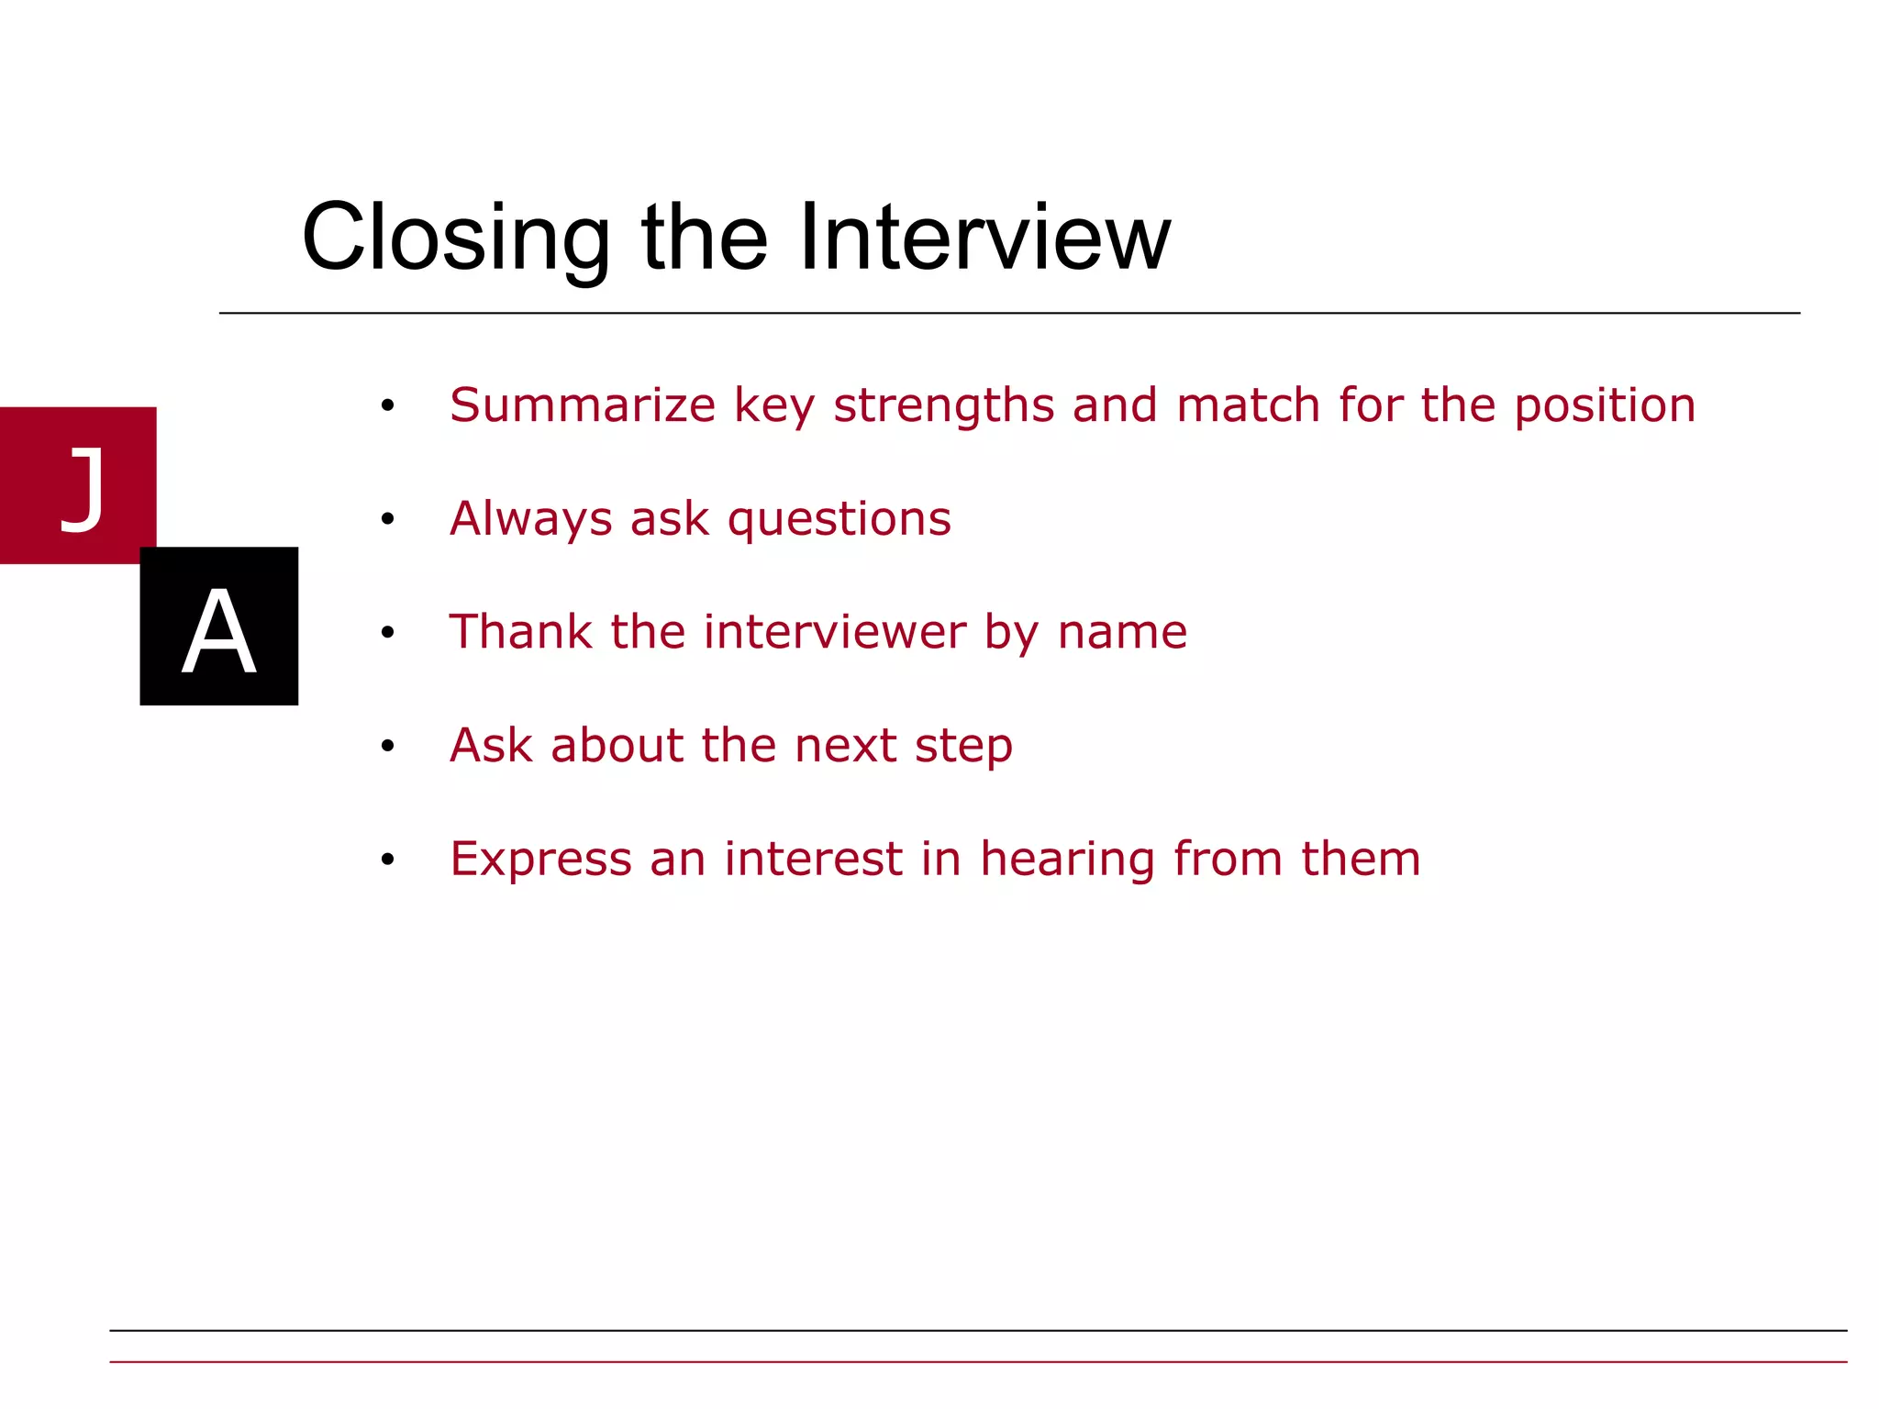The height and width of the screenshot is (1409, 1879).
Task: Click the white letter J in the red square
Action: click(x=83, y=488)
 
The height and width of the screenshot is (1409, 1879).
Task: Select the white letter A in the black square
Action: click(x=218, y=631)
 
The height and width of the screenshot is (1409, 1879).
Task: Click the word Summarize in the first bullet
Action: click(x=583, y=405)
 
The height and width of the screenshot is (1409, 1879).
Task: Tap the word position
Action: click(x=1605, y=405)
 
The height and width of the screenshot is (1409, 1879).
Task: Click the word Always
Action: click(x=530, y=519)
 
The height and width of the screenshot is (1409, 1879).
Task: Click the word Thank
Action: click(x=521, y=632)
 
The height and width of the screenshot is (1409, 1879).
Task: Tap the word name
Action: click(x=1122, y=632)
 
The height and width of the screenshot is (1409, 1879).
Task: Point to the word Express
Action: click(x=541, y=860)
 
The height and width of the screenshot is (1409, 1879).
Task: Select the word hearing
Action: click(x=1067, y=860)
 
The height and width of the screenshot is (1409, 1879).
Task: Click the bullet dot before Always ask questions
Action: click(x=388, y=520)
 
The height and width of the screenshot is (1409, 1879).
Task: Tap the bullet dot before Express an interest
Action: click(x=388, y=860)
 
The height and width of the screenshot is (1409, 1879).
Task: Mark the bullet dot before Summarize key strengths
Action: click(x=388, y=406)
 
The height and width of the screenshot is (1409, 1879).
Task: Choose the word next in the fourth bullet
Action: click(x=845, y=745)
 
